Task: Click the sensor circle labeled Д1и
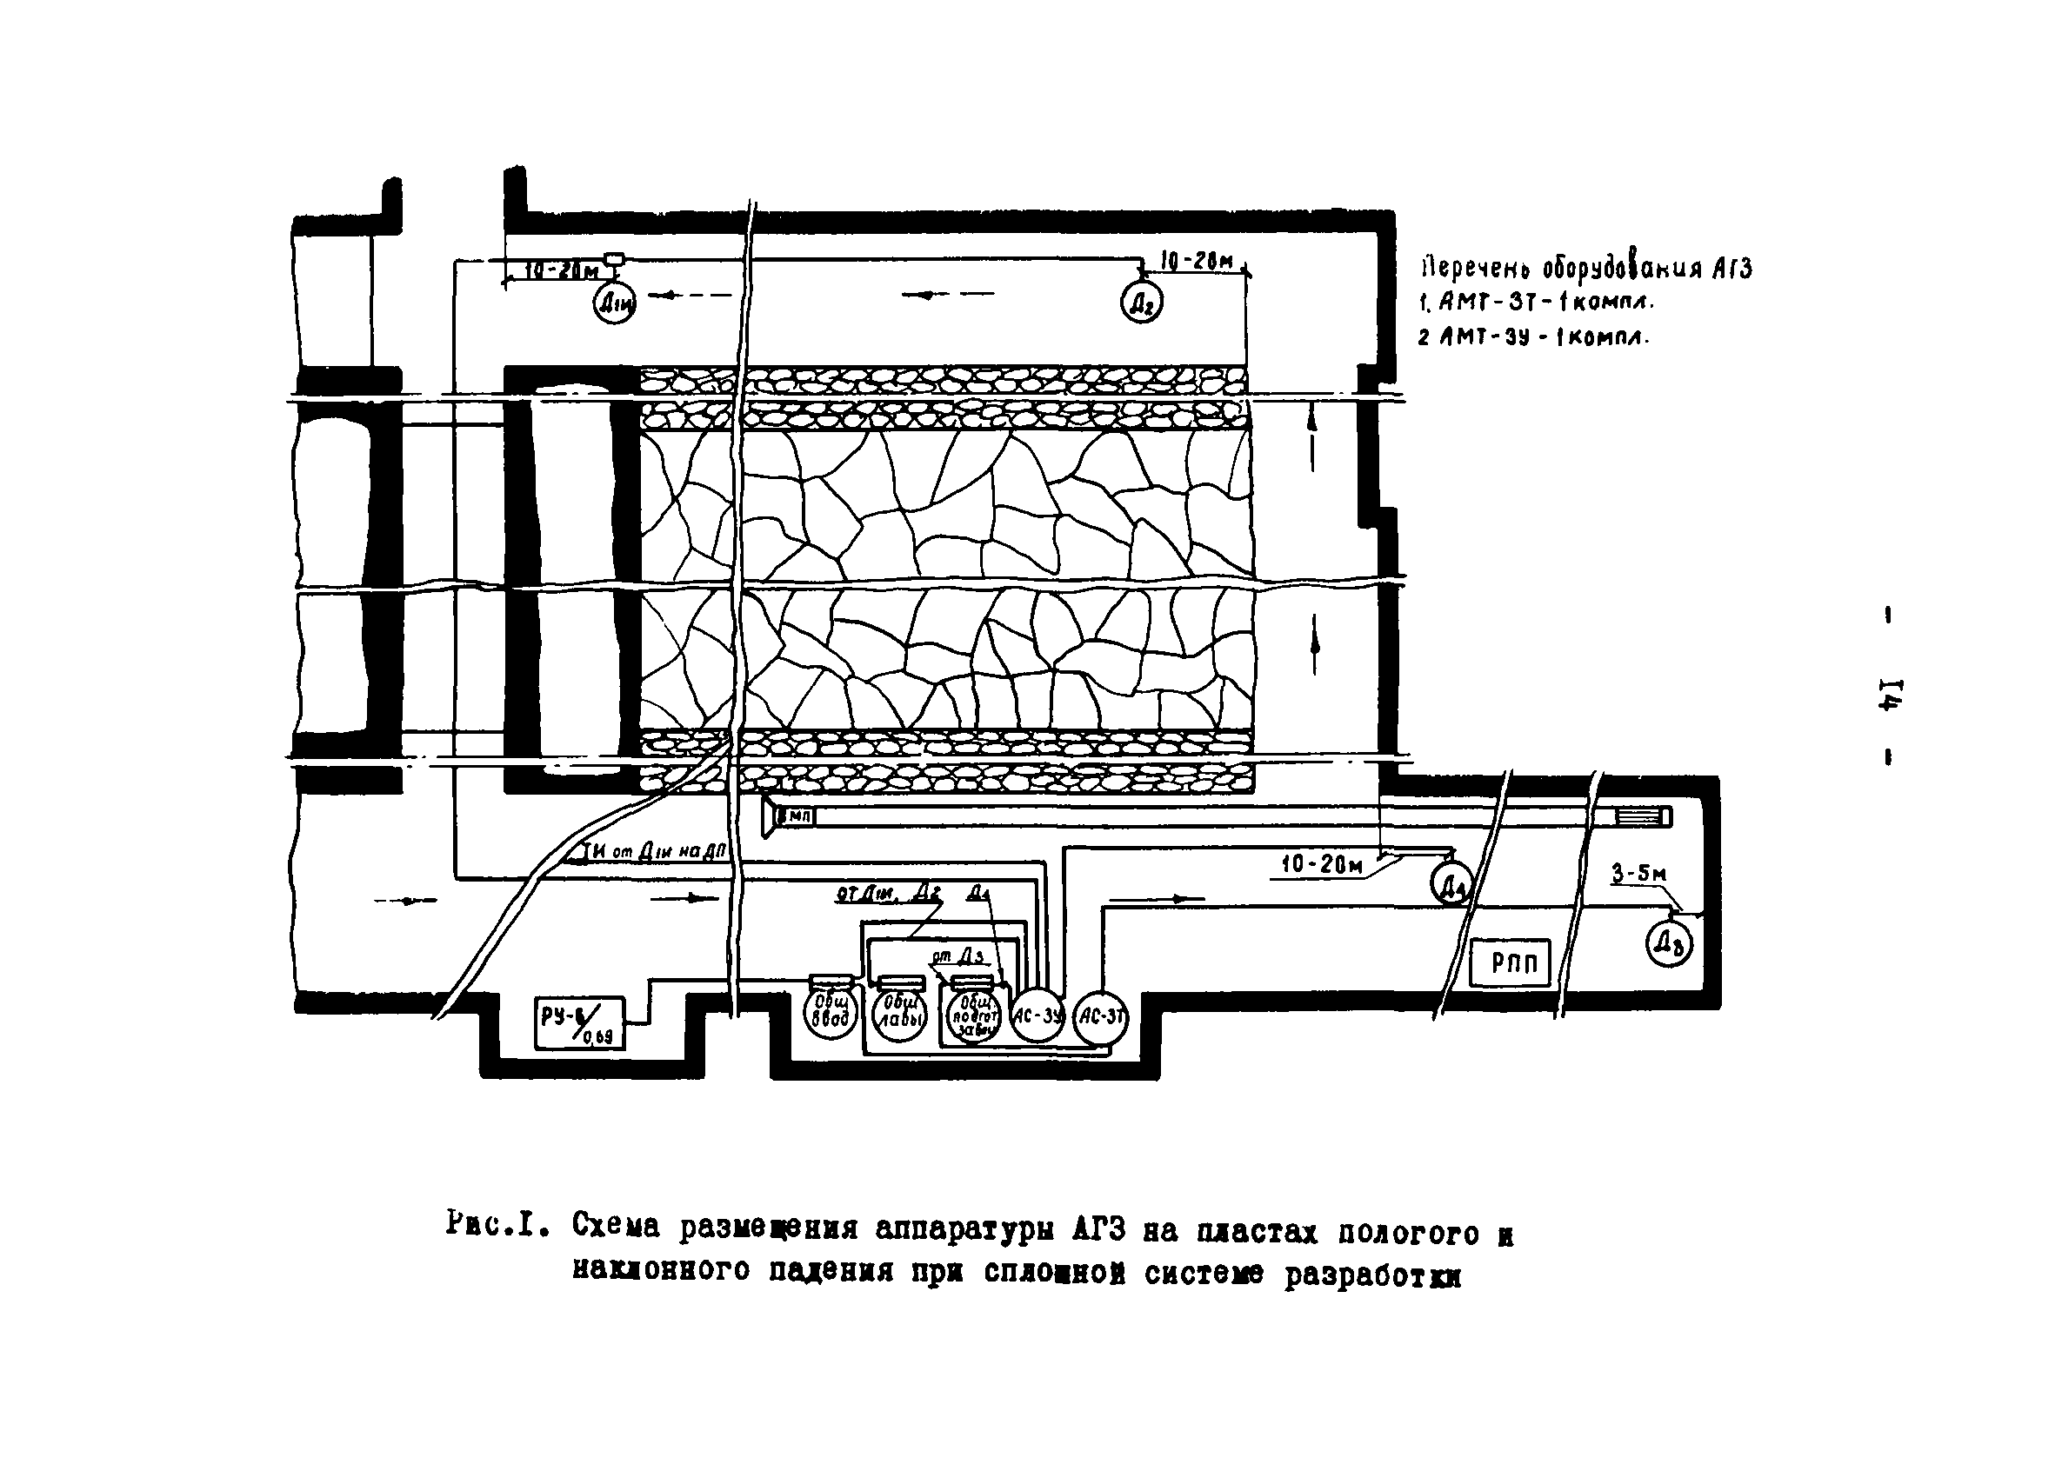tap(614, 304)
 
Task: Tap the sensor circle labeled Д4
tap(1451, 883)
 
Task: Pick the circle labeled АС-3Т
tap(1101, 1017)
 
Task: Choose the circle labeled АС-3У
tap(1037, 1016)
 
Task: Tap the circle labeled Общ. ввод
tap(831, 1014)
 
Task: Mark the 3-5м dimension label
tap(1638, 874)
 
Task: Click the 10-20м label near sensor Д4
tap(1322, 864)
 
